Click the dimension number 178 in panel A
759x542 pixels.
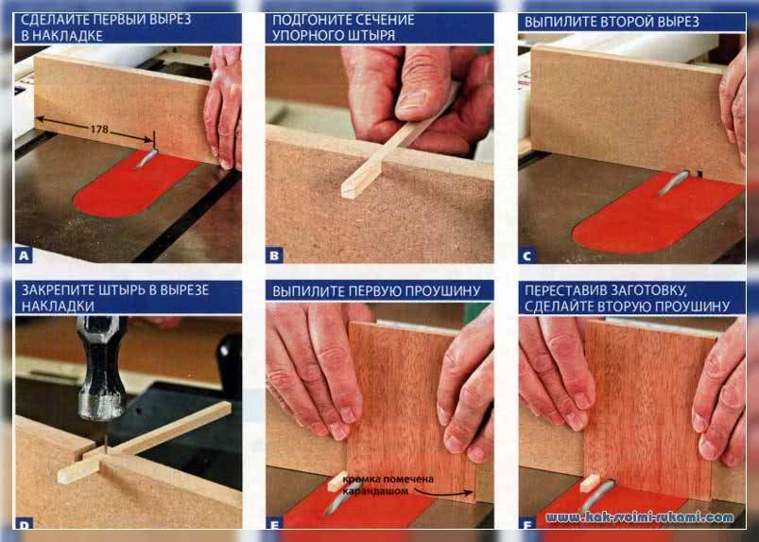click(99, 130)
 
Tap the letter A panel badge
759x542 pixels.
click(25, 254)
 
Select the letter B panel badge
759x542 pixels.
click(274, 255)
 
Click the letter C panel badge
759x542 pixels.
click(526, 255)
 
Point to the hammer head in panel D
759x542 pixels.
click(102, 368)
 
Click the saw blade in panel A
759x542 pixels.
click(147, 158)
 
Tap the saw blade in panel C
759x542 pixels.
click(673, 182)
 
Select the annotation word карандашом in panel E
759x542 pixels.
click(375, 491)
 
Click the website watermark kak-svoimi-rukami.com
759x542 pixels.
click(640, 517)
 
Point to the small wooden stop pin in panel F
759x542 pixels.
click(590, 482)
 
